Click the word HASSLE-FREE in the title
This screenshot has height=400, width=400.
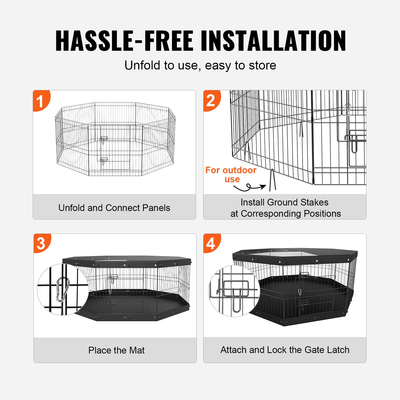[125, 41]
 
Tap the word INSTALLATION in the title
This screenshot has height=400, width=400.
[274, 41]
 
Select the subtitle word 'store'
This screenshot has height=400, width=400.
[260, 65]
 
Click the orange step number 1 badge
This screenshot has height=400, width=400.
[40, 100]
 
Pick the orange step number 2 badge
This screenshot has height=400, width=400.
[211, 100]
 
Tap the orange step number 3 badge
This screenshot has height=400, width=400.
[41, 243]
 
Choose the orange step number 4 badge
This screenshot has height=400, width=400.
[211, 243]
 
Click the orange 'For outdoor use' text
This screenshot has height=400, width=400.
[231, 174]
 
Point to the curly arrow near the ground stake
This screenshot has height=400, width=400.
[249, 188]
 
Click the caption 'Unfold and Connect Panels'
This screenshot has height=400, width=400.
[114, 208]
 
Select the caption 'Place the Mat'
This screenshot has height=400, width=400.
[116, 350]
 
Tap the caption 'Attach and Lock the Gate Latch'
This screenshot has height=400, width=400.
[285, 350]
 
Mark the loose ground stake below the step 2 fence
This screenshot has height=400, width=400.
[272, 180]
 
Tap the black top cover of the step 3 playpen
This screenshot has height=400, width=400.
[127, 261]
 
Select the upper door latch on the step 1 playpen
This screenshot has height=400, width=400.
[104, 139]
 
